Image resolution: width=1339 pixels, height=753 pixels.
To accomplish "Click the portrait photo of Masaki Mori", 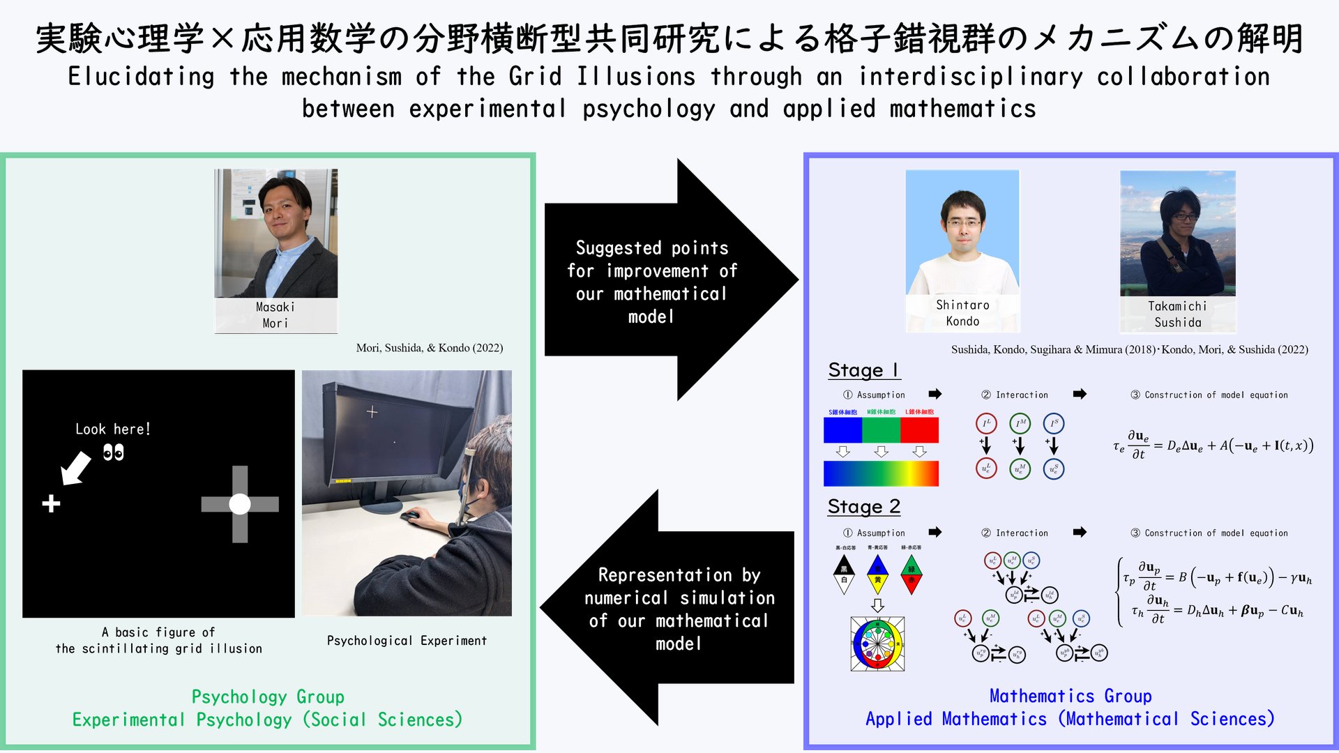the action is (x=275, y=234).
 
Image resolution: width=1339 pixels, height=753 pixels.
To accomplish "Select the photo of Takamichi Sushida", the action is (x=1177, y=234).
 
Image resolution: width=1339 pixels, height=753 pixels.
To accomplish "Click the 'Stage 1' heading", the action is (x=863, y=370).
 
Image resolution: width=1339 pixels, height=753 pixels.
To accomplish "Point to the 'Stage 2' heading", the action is (x=863, y=507).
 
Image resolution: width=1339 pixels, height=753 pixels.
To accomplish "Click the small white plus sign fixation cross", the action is (x=51, y=503).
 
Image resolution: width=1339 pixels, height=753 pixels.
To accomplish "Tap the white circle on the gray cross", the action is (x=240, y=504).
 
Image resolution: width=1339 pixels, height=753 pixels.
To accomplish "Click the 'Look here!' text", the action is (x=113, y=429).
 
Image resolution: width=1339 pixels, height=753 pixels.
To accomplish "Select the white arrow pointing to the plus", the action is (x=76, y=467).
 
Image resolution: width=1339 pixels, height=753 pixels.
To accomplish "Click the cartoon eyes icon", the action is (x=113, y=453).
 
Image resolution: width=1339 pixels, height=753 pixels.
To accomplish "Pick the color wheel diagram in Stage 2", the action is (x=877, y=644).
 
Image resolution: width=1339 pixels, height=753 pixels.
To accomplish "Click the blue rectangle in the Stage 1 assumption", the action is (x=842, y=430).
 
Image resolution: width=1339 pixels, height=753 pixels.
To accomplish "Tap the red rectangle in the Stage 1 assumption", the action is (x=919, y=430).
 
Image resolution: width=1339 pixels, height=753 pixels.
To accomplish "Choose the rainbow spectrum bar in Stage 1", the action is (x=881, y=473).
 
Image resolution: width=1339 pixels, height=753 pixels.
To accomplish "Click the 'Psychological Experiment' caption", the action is (x=407, y=641).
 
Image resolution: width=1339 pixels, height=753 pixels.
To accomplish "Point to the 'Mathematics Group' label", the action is (x=1071, y=696).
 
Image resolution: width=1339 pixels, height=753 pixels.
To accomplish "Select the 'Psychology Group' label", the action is (x=268, y=697).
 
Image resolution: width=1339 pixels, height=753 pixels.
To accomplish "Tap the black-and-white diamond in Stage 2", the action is (x=844, y=574).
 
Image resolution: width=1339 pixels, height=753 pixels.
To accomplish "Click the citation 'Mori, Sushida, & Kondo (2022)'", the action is (x=430, y=348).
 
